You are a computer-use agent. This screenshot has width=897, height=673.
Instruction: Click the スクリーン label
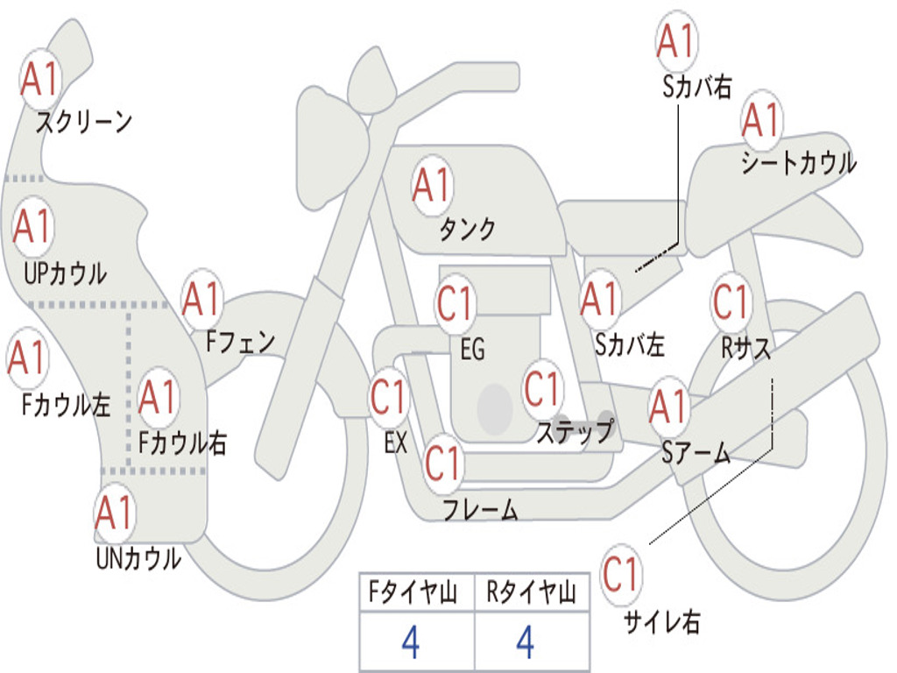click(x=83, y=122)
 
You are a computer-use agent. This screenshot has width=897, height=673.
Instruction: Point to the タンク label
click(x=467, y=230)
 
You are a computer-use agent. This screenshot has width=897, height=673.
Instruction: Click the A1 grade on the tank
click(x=432, y=186)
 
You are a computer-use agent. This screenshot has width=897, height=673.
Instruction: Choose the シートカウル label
click(x=798, y=164)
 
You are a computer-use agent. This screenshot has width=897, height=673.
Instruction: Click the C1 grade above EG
click(x=456, y=303)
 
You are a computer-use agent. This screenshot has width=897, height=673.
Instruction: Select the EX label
click(x=395, y=443)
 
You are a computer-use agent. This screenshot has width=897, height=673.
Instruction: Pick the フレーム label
click(x=480, y=509)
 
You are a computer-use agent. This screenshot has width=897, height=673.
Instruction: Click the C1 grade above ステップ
click(x=542, y=388)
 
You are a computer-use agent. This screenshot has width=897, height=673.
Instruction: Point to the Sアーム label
click(x=696, y=453)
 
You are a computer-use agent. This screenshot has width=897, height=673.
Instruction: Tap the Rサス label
click(x=746, y=348)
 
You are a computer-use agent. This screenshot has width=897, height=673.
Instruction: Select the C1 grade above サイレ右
click(x=621, y=575)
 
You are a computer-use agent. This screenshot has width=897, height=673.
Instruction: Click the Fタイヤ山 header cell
click(x=415, y=594)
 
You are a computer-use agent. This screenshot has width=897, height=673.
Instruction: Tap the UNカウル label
click(x=138, y=558)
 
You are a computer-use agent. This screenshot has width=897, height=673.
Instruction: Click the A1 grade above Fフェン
click(x=202, y=300)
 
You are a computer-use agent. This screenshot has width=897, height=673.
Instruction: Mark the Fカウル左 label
click(x=67, y=405)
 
